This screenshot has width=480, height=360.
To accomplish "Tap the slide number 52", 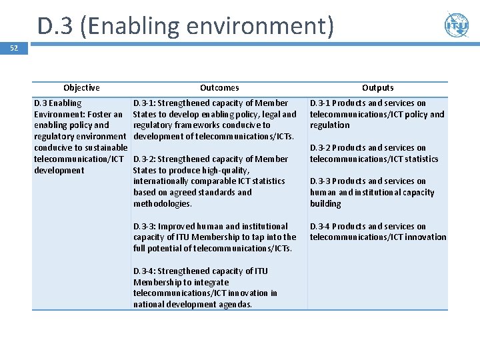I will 14,49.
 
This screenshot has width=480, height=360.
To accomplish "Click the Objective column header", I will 81,88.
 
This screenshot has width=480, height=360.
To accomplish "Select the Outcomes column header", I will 219,88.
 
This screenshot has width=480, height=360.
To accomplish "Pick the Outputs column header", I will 378,88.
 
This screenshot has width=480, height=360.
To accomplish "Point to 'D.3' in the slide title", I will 55,27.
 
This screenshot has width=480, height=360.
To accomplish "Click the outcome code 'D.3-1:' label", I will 144,103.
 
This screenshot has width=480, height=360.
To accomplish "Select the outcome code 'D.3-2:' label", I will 144,159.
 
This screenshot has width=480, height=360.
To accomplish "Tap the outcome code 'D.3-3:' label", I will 144,227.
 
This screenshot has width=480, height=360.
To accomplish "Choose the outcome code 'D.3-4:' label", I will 144,271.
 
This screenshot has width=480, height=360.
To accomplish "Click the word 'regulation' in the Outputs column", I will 329,125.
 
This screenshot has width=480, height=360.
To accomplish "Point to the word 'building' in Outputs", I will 325,204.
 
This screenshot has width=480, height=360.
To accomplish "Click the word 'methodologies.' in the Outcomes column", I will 162,204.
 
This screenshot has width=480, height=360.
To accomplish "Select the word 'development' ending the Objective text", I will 59,171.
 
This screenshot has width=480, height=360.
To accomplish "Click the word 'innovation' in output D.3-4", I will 425,237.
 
